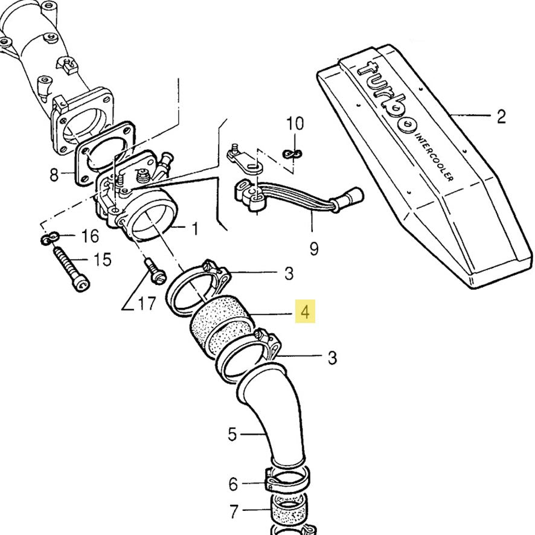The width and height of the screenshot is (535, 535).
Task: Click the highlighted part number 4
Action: tap(306, 312)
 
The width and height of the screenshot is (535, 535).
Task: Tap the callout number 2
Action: tap(501, 116)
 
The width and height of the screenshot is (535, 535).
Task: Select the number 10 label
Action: tap(295, 124)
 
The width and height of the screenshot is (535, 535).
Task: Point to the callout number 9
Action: tap(313, 248)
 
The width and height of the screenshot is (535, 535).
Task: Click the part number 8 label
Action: tap(54, 175)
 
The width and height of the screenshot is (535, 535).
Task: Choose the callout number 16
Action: tap(89, 235)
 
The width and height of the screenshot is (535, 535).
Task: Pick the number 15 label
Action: tap(103, 260)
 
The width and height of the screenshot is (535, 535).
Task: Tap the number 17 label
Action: tap(147, 303)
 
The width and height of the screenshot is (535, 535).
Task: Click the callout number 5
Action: tap(233, 434)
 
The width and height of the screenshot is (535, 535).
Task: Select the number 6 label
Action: tap(234, 484)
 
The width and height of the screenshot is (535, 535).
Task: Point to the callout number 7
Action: tap(234, 512)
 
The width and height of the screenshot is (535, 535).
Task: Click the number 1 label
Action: tap(194, 228)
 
